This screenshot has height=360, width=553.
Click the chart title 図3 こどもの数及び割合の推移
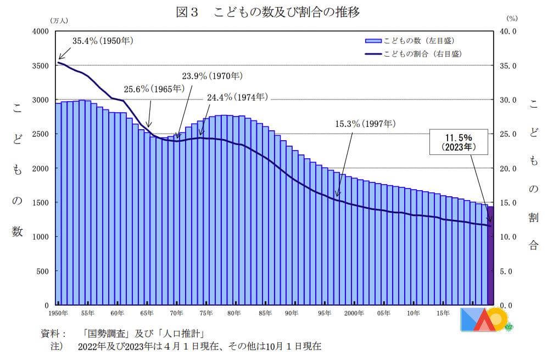tap(267, 12)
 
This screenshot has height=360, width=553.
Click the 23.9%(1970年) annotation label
tap(212, 76)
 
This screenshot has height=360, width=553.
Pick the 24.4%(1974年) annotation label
tap(237, 97)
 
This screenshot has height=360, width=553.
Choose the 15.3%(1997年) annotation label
tap(365, 124)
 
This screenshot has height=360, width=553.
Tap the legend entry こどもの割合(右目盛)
tap(412, 54)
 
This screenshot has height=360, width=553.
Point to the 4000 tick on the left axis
tap(41, 31)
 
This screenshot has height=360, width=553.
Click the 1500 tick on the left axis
tap(41, 203)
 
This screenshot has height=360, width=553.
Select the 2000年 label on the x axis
tap(354, 313)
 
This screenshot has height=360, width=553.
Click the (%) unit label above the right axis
tap(512, 18)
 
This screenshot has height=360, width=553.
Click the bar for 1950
tap(58, 204)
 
